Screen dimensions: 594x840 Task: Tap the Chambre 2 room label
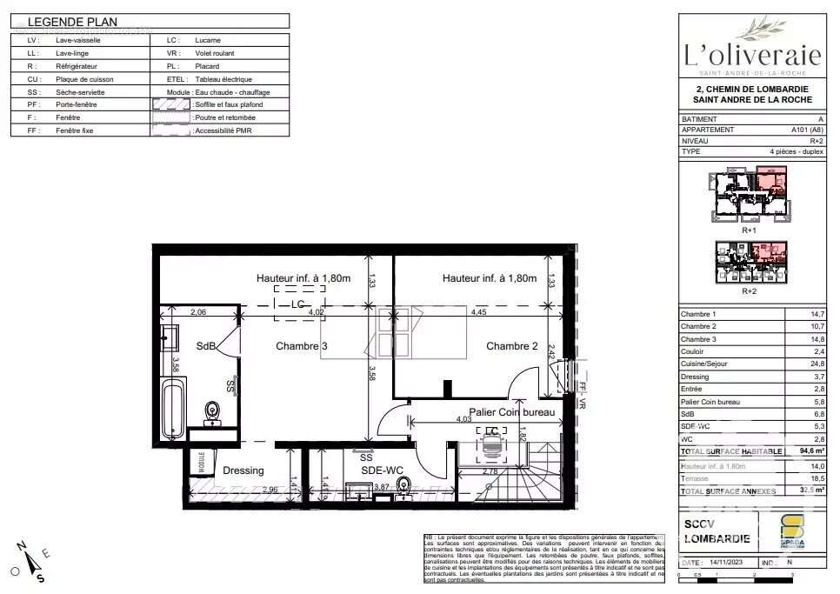(512, 346)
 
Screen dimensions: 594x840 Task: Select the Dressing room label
(243, 471)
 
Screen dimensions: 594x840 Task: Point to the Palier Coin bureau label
(511, 412)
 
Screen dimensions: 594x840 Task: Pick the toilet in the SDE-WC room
(402, 484)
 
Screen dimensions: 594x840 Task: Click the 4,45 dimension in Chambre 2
(479, 311)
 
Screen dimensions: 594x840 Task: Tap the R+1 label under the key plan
(749, 231)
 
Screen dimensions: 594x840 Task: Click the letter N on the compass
(21, 546)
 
